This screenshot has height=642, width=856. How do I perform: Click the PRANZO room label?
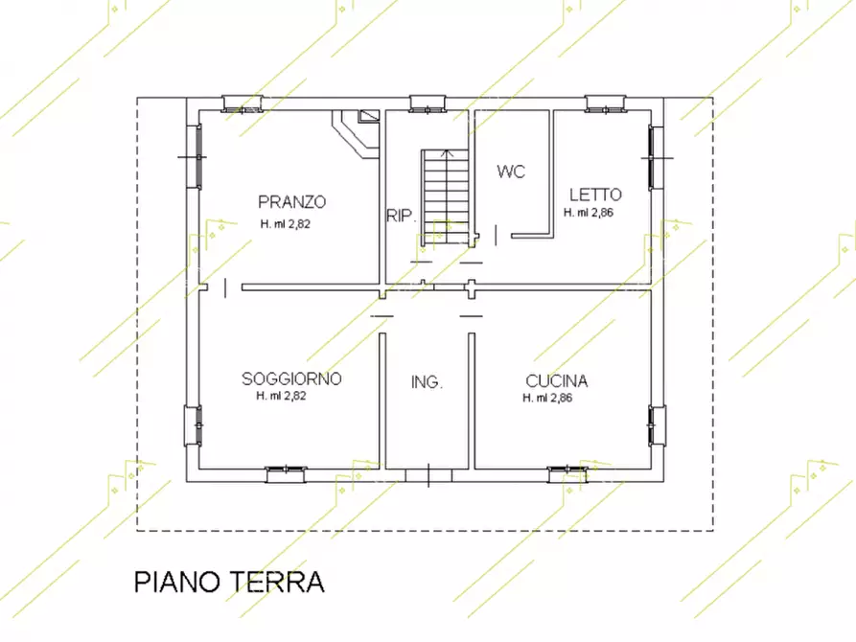(x=292, y=202)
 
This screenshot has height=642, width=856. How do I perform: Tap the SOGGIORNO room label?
(x=291, y=378)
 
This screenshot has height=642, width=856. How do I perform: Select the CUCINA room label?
(x=556, y=380)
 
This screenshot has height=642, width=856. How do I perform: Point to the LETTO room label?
(x=594, y=195)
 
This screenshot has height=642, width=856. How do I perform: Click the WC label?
(x=511, y=172)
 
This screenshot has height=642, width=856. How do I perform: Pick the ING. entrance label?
(x=427, y=382)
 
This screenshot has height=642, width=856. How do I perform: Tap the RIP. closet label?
(x=401, y=216)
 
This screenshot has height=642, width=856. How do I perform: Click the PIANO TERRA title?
(x=229, y=582)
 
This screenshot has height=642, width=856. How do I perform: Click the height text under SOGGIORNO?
(x=282, y=396)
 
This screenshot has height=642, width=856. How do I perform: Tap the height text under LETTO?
(x=589, y=213)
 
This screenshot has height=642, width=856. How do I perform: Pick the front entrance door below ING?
(x=428, y=474)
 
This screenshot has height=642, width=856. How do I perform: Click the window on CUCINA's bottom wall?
(x=567, y=470)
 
